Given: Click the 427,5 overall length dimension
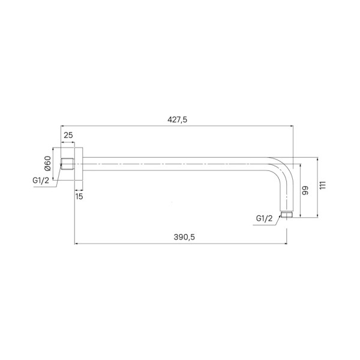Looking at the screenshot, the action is click(177, 119).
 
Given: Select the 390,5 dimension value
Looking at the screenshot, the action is click(184, 237).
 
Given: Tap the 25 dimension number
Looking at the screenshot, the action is click(68, 135).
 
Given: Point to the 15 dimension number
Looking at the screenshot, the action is click(79, 197).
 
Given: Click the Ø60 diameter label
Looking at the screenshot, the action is click(47, 163).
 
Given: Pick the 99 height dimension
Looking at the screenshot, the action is click(305, 191).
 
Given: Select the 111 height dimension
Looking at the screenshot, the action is click(323, 185).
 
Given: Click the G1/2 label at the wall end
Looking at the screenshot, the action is click(41, 181).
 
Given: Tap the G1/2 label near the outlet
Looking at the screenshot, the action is click(264, 218).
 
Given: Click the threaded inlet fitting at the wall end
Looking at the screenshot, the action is click(67, 164).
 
